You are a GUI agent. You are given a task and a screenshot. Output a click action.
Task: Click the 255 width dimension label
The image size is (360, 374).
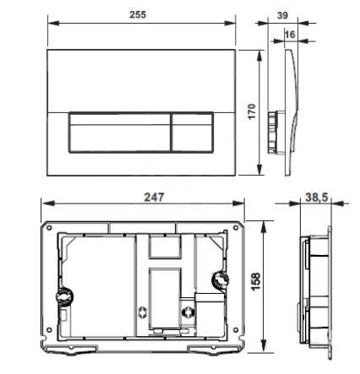click(x=138, y=14)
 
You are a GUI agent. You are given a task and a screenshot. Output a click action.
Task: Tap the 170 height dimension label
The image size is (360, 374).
click(x=252, y=111)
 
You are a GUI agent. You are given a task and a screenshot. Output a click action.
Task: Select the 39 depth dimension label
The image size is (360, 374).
click(x=282, y=15)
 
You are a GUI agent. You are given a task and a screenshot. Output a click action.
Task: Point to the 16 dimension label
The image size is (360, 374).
click(x=290, y=35)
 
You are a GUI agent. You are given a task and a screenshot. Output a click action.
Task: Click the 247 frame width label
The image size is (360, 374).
click(x=154, y=197)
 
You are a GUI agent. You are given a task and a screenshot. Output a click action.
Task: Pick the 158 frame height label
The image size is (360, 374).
click(x=255, y=281)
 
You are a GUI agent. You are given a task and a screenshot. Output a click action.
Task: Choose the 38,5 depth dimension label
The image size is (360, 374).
click(x=317, y=198)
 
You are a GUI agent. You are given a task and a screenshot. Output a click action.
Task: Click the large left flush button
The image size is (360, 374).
click(x=119, y=133)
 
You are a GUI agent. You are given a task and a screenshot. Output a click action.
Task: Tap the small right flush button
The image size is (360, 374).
click(x=192, y=133)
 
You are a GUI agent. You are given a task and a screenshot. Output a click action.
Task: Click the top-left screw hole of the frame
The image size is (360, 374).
click(x=49, y=227)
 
